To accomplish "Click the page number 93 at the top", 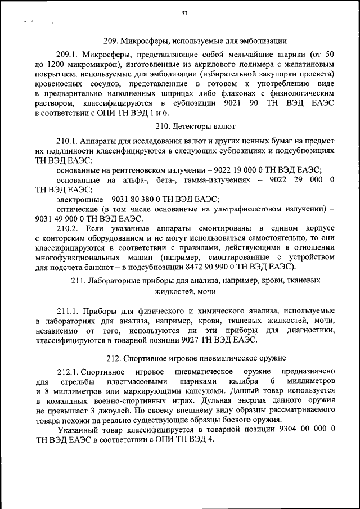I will pyautogui.click(x=184, y=15).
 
